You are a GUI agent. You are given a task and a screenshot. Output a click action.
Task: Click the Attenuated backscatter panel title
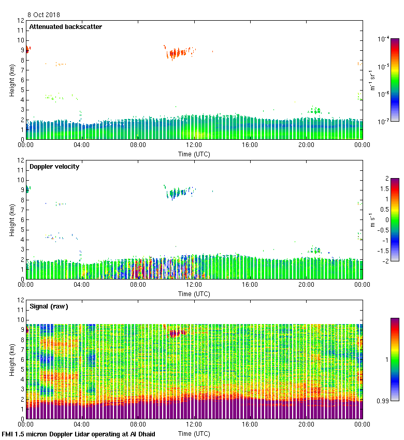pos(65,27)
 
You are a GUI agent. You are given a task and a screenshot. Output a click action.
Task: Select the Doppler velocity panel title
pos(54,167)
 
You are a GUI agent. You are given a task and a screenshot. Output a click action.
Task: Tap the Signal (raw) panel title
pos(49,306)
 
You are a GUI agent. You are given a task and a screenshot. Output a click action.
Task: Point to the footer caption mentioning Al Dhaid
pos(78,434)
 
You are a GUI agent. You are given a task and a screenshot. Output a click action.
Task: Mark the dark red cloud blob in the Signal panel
pos(175,333)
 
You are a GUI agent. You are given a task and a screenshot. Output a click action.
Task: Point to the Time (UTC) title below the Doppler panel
pos(194,294)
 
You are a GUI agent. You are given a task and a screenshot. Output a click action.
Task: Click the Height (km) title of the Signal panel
pos(12,359)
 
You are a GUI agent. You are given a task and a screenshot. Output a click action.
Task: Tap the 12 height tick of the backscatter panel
pos(21,21)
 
